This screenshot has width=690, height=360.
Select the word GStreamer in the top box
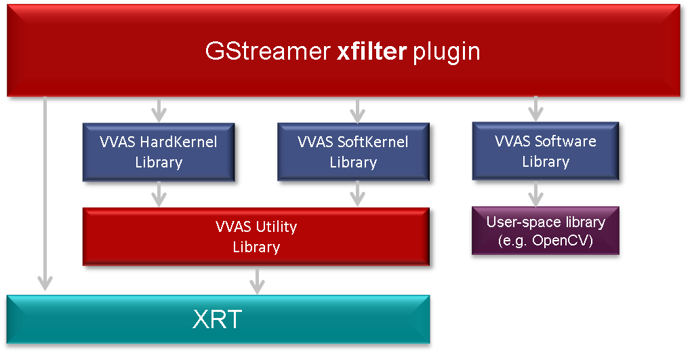(x=268, y=52)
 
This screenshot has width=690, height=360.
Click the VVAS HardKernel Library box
(x=159, y=152)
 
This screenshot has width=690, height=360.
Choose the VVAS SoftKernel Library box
(x=353, y=152)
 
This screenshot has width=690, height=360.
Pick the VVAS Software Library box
(x=545, y=151)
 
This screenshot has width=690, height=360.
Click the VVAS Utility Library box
(x=256, y=237)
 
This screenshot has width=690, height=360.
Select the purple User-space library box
(x=545, y=231)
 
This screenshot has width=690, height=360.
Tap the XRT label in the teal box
(x=218, y=319)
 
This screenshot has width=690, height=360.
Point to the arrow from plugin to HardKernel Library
(x=159, y=108)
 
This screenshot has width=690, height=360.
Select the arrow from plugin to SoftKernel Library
(x=357, y=108)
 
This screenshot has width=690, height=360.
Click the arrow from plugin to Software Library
(x=535, y=108)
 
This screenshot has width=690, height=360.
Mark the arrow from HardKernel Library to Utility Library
(x=159, y=194)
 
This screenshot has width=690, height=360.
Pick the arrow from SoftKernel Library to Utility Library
(x=357, y=194)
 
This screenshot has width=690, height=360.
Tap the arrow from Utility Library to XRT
(x=256, y=280)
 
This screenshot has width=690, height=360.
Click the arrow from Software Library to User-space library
(x=535, y=193)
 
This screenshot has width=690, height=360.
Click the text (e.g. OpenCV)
(x=545, y=241)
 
